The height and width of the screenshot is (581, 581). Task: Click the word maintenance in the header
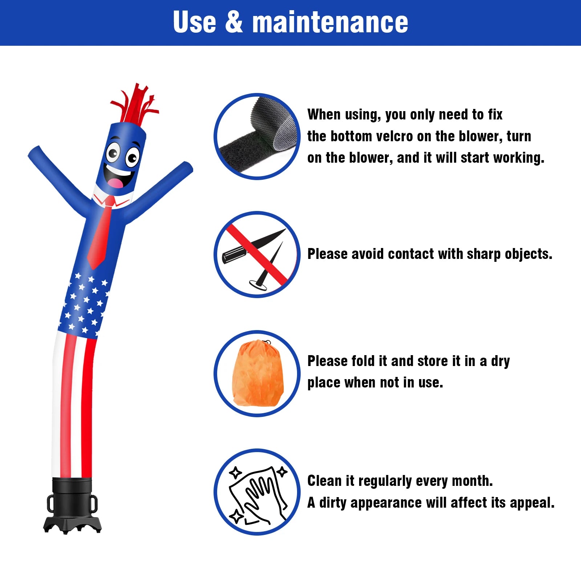pos(330,22)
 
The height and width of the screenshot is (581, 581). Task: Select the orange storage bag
pos(258,373)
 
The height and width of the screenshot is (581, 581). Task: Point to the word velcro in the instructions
pos(394,136)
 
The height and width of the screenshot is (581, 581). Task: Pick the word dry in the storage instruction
pos(500,362)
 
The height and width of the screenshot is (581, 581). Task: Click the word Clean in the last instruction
pos(325,481)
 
